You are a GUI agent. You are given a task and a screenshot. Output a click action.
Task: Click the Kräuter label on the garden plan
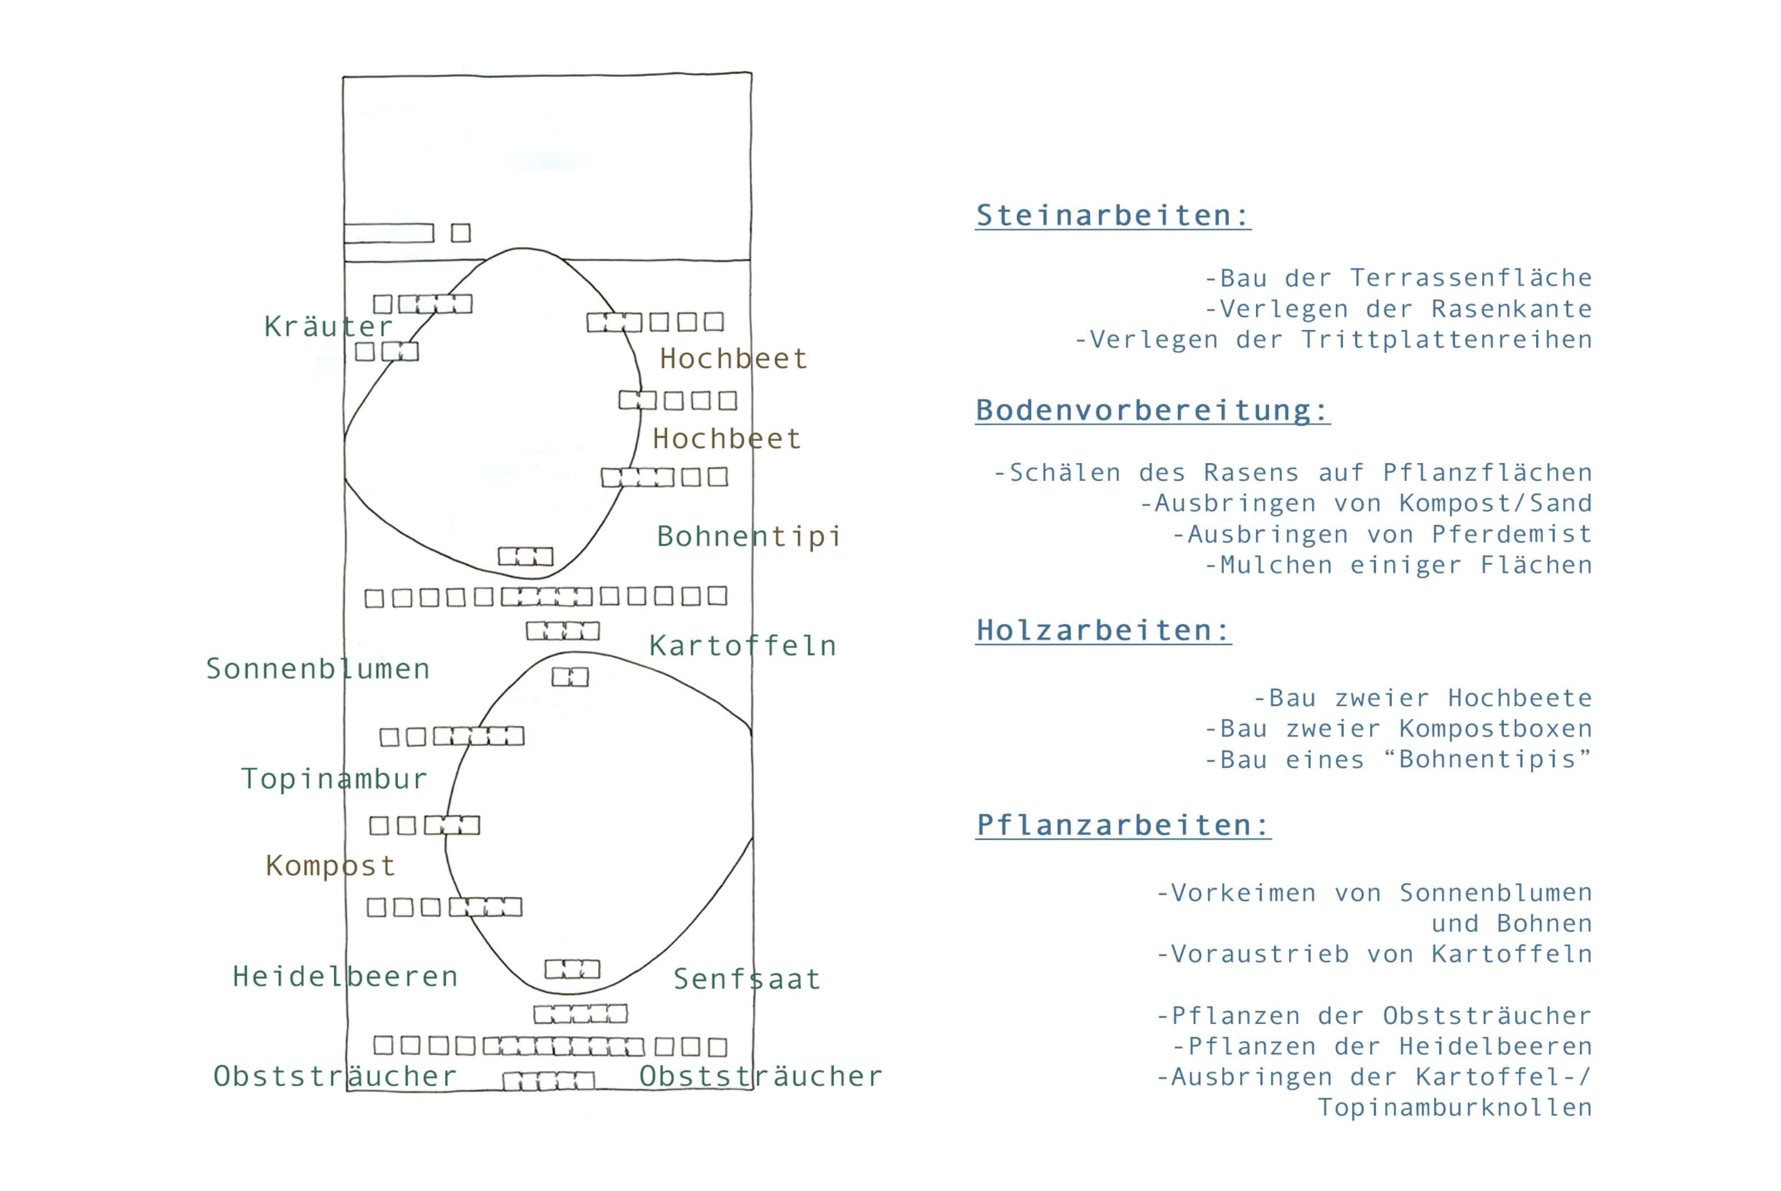pos(328,327)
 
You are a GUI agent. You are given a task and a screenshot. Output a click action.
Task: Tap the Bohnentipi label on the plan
pos(748,537)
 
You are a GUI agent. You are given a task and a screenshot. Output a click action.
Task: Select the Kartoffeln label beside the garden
pos(742,646)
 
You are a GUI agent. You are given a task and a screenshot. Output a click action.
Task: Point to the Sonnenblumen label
pos(317,668)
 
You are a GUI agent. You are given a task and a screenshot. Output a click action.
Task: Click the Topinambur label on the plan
pos(334,779)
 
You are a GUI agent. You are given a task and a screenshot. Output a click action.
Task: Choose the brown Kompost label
pos(331,865)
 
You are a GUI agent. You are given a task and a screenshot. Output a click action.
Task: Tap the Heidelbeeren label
pos(346,976)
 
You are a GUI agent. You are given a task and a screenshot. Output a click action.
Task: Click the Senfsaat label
pos(746,979)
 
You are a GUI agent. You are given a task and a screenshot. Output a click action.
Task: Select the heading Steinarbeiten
pos(1112,216)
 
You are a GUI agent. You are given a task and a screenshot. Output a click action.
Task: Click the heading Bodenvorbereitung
pos(1152,410)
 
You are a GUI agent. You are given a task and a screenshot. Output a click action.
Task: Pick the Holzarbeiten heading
pos(1103,631)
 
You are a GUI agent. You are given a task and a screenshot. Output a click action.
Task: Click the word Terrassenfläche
pos(1470,278)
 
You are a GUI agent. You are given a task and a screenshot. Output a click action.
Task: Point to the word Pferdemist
pos(1512,534)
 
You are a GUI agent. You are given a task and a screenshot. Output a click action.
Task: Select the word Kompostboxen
pos(1495,729)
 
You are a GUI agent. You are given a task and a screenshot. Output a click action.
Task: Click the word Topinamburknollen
pos(1454,1108)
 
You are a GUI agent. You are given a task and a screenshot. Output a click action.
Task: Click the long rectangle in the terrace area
pos(389,233)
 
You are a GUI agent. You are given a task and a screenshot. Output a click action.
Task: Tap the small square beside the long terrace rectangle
pos(461,233)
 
